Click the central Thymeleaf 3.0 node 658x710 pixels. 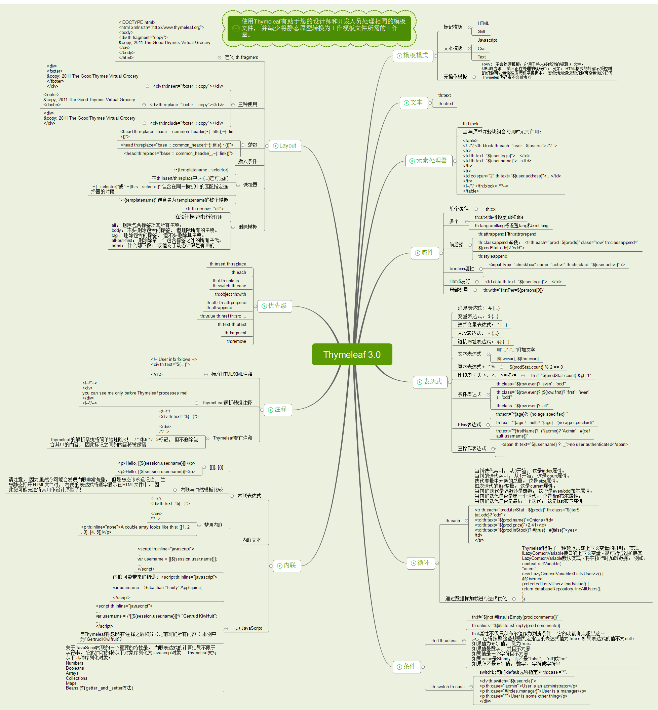(x=352, y=354)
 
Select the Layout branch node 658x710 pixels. (x=285, y=145)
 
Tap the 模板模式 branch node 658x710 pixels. (x=413, y=55)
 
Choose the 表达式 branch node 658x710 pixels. (x=430, y=382)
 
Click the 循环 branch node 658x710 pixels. (x=421, y=563)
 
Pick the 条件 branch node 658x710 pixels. (x=406, y=667)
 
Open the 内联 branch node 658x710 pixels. (x=287, y=566)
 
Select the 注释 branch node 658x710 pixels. (x=278, y=410)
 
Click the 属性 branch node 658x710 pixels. (x=425, y=253)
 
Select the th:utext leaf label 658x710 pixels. (x=446, y=104)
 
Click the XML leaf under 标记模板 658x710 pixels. (x=482, y=32)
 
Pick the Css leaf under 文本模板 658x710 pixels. (x=481, y=48)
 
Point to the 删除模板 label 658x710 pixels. (x=247, y=227)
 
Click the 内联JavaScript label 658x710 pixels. (x=246, y=628)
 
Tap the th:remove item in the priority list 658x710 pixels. (x=236, y=341)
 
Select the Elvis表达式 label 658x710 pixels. (x=469, y=425)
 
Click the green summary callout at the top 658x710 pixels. (x=319, y=28)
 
